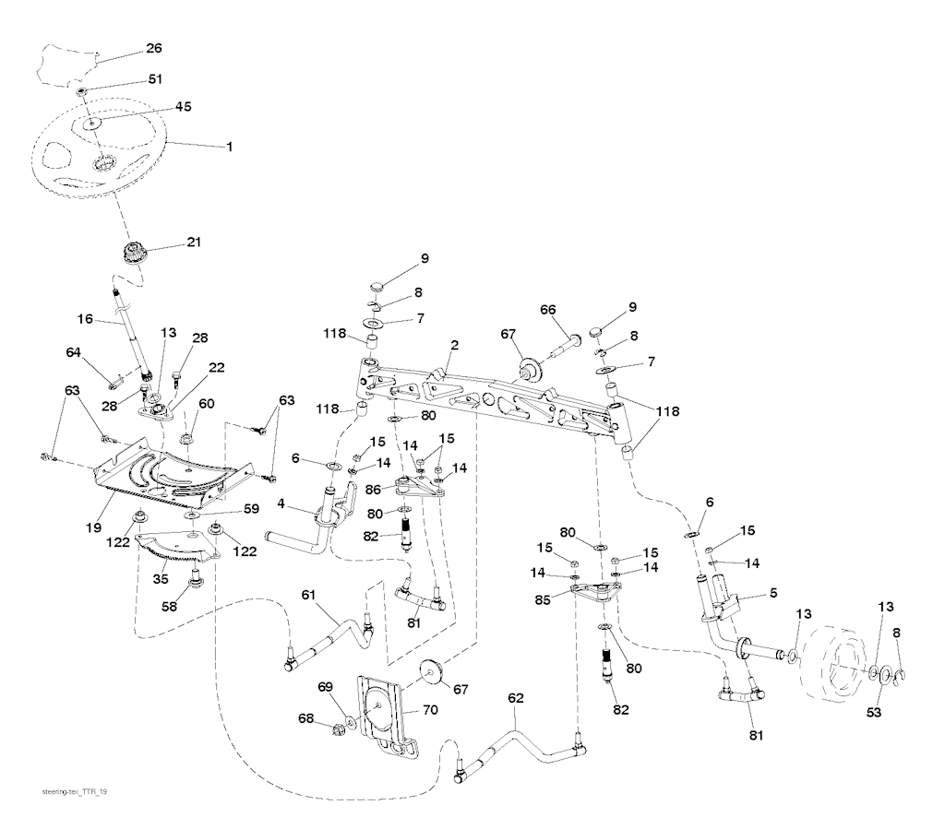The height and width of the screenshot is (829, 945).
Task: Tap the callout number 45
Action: click(x=183, y=106)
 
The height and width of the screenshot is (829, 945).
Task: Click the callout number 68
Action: click(x=306, y=718)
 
